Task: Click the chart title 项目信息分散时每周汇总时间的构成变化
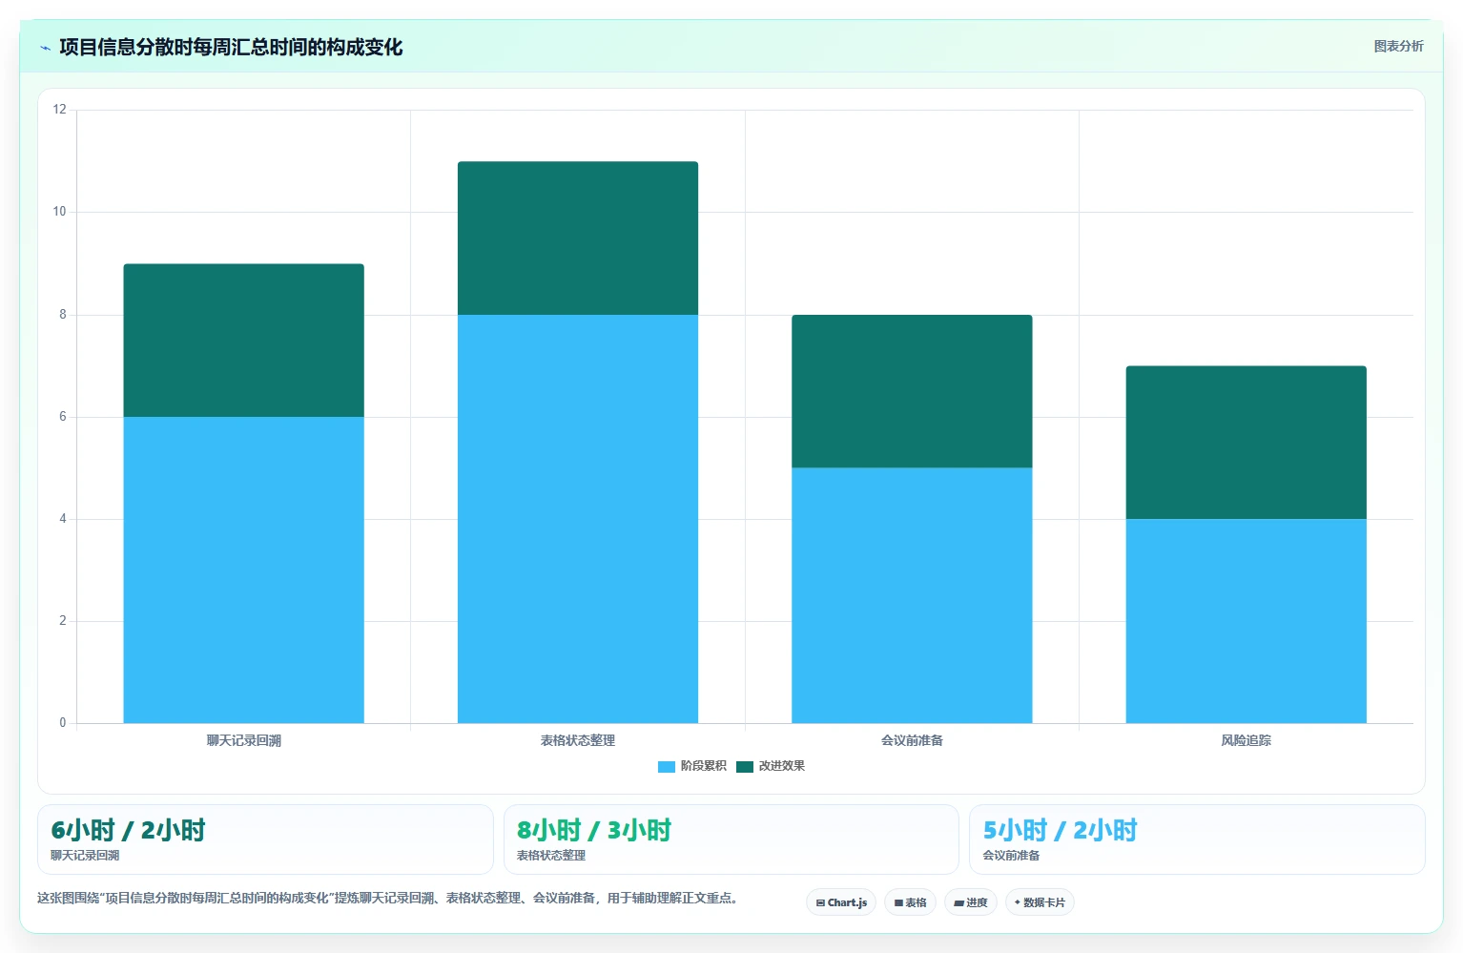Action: click(x=231, y=47)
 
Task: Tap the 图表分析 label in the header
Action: click(x=1398, y=47)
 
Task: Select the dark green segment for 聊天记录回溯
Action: click(x=243, y=341)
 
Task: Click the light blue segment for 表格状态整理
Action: click(x=577, y=519)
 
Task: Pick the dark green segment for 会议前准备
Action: click(x=912, y=391)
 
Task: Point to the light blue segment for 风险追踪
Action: click(x=1247, y=620)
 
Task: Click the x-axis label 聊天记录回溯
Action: click(x=243, y=740)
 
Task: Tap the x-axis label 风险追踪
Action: click(x=1247, y=740)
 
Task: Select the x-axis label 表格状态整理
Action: click(x=577, y=740)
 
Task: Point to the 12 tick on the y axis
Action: click(x=59, y=109)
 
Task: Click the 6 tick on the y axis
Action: click(x=63, y=416)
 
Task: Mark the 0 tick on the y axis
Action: click(x=63, y=722)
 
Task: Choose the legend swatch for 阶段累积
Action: click(x=667, y=766)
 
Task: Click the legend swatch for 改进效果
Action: click(x=745, y=766)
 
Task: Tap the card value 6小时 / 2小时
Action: click(x=128, y=830)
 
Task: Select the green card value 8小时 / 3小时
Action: click(x=594, y=830)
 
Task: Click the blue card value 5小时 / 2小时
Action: click(x=1060, y=830)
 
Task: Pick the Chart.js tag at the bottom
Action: click(x=841, y=902)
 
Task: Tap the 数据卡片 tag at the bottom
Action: click(x=1040, y=902)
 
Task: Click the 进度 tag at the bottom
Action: click(x=971, y=902)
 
